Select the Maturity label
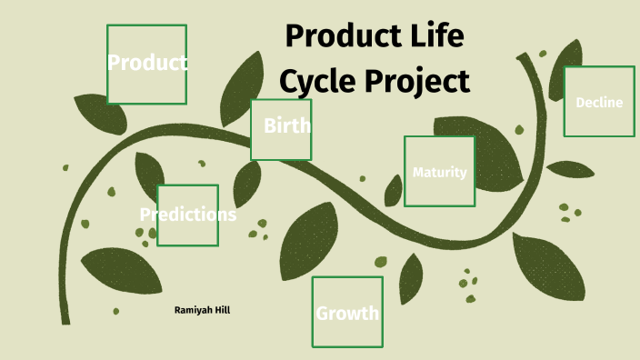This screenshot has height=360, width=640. [x=439, y=172]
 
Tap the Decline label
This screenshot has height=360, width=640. [x=599, y=102]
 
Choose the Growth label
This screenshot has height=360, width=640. [x=346, y=315]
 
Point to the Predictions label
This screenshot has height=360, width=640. [x=188, y=215]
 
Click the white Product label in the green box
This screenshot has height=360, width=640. [x=147, y=63]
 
